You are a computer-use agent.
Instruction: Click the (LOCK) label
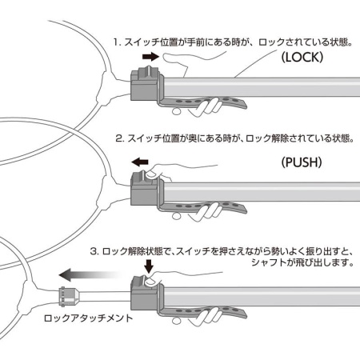(302, 57)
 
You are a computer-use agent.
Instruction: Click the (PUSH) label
(302, 162)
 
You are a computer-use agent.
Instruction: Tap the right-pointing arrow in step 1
(150, 57)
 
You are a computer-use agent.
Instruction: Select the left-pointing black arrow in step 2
(140, 162)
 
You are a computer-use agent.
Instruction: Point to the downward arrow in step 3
(149, 266)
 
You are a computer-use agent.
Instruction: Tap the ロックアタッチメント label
(88, 318)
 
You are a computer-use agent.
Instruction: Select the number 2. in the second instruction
(120, 138)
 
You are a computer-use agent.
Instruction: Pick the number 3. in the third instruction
(94, 251)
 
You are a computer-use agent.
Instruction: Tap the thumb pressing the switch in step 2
(152, 174)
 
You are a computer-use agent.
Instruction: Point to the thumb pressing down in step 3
(152, 281)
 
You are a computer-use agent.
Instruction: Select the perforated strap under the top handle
(202, 102)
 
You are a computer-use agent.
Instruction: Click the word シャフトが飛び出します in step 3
(302, 262)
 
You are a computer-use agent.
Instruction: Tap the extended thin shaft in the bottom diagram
(105, 296)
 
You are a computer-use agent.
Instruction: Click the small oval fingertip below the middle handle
(176, 216)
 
